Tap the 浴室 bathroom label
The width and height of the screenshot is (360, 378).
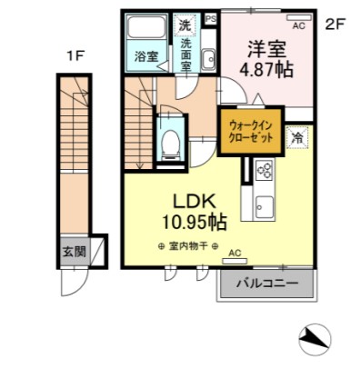tap(146, 56)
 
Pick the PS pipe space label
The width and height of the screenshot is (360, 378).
tap(211, 18)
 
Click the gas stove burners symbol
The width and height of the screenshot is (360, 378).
tap(265, 169)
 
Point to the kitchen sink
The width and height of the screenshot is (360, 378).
tap(265, 204)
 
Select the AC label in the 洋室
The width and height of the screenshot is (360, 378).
tap(298, 26)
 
